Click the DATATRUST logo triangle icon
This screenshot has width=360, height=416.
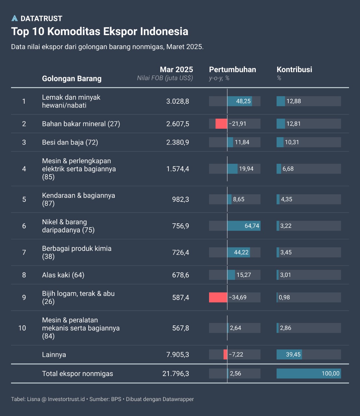click(x=15, y=19)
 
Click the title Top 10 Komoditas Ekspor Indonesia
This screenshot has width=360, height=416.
click(x=100, y=32)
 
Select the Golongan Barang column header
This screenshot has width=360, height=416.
click(x=72, y=79)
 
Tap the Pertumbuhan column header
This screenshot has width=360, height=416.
click(x=232, y=70)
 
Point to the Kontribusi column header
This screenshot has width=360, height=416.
click(x=294, y=70)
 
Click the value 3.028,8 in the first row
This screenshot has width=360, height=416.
click(x=178, y=101)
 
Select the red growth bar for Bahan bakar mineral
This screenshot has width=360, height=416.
click(x=221, y=124)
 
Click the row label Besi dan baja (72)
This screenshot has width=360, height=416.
click(x=70, y=142)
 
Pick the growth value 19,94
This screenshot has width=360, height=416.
click(x=246, y=169)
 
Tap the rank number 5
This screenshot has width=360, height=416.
click(x=24, y=200)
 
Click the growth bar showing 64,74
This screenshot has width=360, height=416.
click(x=243, y=226)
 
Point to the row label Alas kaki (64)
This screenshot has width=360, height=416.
click(x=63, y=275)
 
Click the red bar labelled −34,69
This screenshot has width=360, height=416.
click(x=218, y=297)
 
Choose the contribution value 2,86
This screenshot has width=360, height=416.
click(x=286, y=328)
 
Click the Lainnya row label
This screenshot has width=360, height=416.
click(x=54, y=355)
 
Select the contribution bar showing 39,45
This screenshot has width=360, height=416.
click(x=289, y=355)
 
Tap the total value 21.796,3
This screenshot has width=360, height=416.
click(x=176, y=374)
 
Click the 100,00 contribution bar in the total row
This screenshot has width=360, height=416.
click(x=308, y=374)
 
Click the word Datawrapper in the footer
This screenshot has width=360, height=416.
click(x=178, y=399)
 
